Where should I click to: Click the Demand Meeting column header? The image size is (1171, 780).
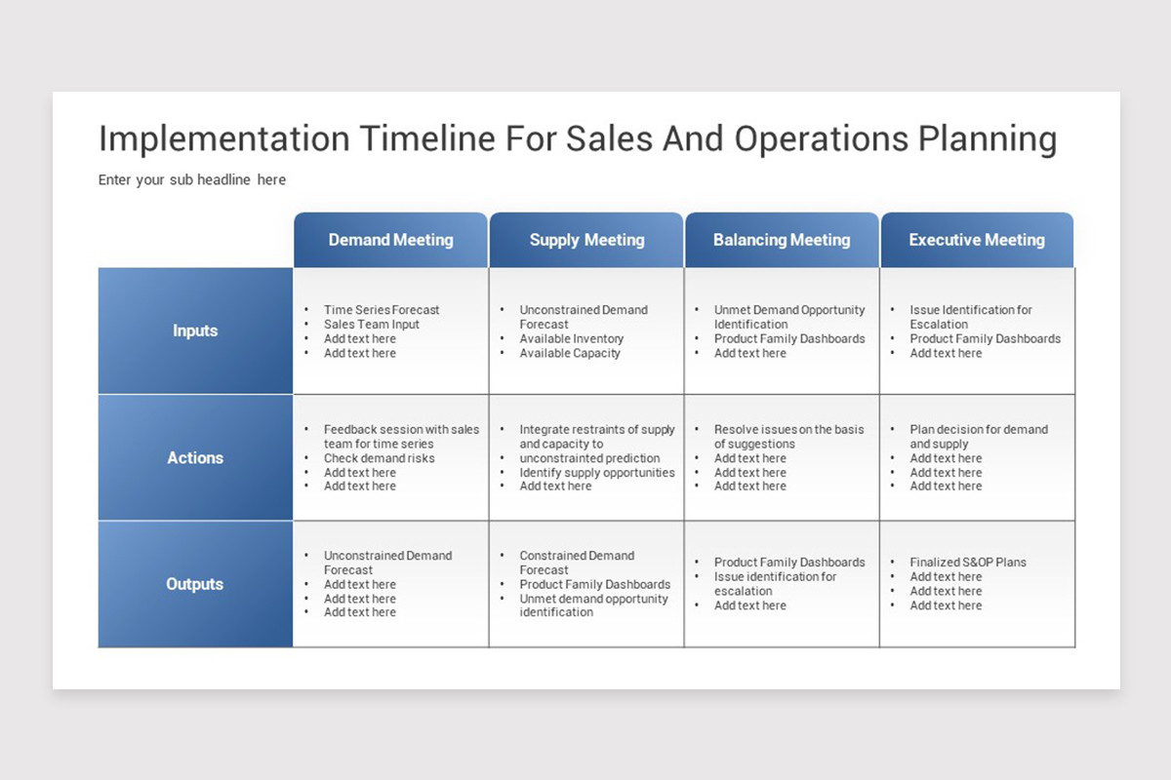click(390, 240)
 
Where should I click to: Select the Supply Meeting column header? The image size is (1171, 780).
click(586, 240)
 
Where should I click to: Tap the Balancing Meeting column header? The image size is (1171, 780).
click(782, 240)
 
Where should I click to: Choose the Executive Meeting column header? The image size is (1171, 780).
click(977, 240)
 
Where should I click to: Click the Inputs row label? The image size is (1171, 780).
click(195, 331)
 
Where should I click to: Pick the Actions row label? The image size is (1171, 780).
click(195, 457)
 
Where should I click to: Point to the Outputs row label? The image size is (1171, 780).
click(195, 584)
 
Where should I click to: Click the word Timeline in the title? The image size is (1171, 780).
click(427, 139)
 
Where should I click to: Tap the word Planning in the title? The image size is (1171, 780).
click(988, 140)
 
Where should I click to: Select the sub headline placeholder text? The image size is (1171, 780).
click(192, 179)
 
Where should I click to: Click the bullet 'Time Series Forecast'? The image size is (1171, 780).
click(382, 310)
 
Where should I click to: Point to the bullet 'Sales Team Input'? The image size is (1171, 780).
click(371, 325)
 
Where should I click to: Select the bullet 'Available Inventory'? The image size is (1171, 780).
click(572, 338)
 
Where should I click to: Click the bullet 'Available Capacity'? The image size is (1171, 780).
click(570, 353)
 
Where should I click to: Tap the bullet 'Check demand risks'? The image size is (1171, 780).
click(379, 458)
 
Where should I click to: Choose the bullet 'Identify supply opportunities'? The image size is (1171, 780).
click(597, 472)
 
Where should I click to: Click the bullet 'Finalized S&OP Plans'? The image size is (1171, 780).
click(968, 563)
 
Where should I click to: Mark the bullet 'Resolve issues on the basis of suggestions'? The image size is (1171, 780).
click(788, 436)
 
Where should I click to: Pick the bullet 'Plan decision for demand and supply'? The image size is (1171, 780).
click(979, 436)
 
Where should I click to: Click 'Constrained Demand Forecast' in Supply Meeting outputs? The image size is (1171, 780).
click(577, 563)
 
